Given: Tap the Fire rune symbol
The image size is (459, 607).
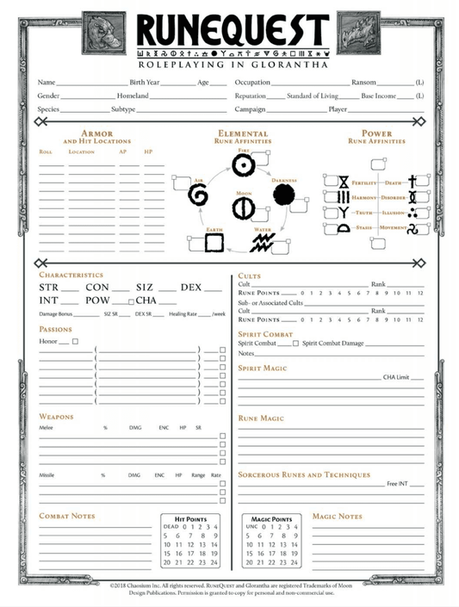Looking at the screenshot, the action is point(244,164).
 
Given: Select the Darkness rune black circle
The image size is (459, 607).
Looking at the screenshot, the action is point(283,195).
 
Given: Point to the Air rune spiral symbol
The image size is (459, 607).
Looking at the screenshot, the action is point(198,195).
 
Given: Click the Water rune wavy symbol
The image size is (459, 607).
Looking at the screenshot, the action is point(262,243).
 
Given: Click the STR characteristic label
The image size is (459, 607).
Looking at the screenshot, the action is point(49,288).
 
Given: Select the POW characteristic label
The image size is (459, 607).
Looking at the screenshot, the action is point(97,301).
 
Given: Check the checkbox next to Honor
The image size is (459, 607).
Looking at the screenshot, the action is point(75,342).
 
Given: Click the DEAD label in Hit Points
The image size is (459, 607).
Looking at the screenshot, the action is point(171,526).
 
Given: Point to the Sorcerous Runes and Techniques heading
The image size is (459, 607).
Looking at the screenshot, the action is point(304,475).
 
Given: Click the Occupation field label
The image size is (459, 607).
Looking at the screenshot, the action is point(252,82).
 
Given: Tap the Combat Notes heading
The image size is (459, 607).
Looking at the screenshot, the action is point(67,516).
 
